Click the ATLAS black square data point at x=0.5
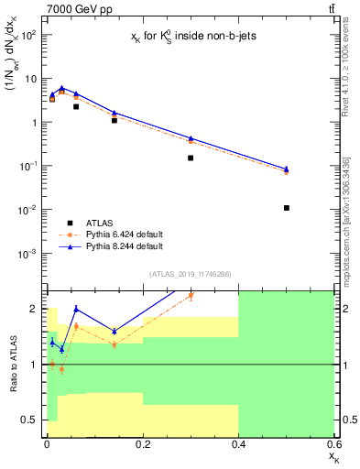[287, 208]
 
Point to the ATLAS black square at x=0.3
[191, 158]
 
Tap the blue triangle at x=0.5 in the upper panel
[287, 169]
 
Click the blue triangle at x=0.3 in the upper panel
[191, 138]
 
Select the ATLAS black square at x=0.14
[114, 120]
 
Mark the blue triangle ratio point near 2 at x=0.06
[76, 309]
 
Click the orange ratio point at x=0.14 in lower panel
[114, 344]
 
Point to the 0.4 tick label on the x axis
[238, 443]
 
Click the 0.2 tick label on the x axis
[142, 443]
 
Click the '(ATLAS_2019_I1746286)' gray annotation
[189, 274]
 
